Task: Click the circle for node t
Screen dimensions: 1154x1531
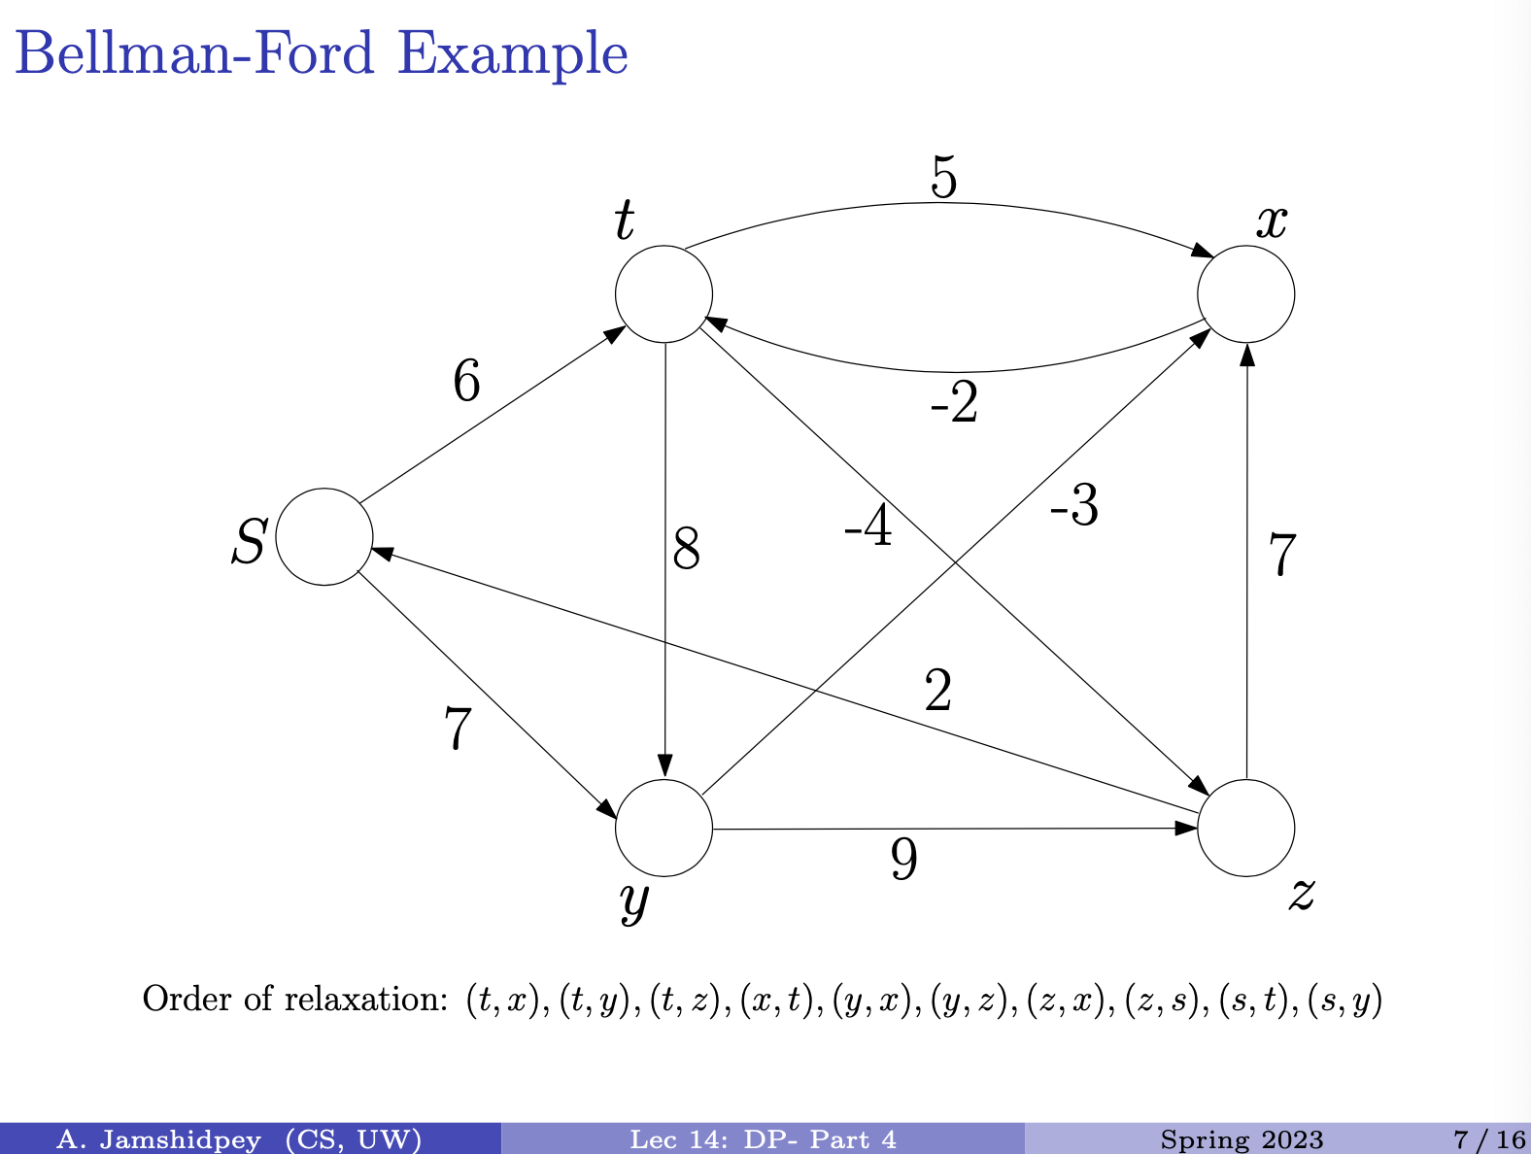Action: click(x=663, y=293)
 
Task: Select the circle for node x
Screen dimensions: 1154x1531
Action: click(x=1245, y=293)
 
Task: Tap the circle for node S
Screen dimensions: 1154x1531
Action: click(x=324, y=536)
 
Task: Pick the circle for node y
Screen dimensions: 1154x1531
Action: click(x=663, y=828)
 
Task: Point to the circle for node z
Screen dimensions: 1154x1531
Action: click(x=1245, y=828)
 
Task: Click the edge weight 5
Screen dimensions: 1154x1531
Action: click(x=943, y=178)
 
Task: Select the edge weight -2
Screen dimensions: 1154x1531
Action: click(x=954, y=402)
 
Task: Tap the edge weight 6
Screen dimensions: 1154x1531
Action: click(x=466, y=381)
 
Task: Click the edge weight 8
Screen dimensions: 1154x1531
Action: click(x=686, y=550)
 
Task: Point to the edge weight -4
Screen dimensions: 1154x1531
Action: click(x=868, y=526)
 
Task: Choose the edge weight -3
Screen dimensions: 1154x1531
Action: click(x=1073, y=506)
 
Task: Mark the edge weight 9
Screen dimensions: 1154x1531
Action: click(x=903, y=859)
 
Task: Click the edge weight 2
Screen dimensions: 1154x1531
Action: click(x=937, y=691)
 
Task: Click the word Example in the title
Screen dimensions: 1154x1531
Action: click(x=513, y=53)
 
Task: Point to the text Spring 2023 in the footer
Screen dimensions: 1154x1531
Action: click(x=1242, y=1139)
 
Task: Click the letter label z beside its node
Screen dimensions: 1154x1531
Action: click(x=1302, y=894)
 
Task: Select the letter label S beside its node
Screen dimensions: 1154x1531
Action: click(x=249, y=541)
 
